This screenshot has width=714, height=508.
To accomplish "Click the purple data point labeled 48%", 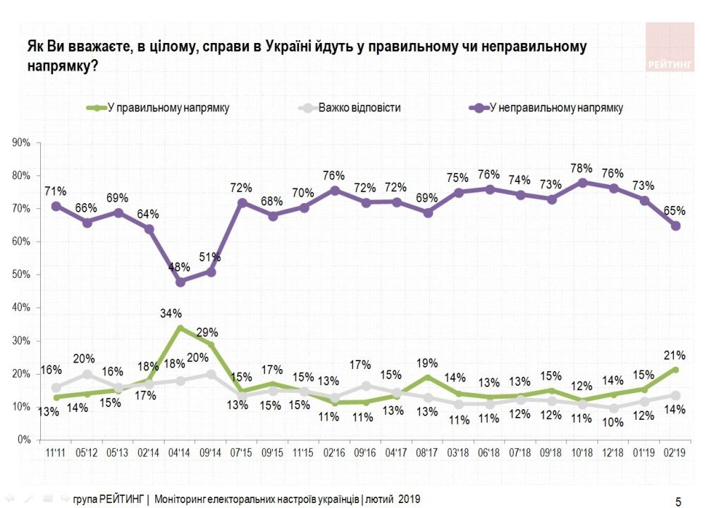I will coord(180,282).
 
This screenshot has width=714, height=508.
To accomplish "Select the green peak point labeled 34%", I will coord(180,327).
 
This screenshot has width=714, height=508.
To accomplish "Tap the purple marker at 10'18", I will coord(582,182).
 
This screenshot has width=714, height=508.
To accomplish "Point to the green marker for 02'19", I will coord(675,370).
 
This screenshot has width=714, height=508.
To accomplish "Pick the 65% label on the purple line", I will coord(675,210).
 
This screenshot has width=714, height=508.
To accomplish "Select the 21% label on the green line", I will coord(675,355).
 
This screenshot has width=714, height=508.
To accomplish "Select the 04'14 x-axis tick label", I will coord(180,452).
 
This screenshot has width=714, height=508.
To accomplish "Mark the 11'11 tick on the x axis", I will coord(56,452).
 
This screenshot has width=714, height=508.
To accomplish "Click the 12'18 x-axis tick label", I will coord(613,452).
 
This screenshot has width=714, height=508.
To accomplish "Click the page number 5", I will coord(678,502).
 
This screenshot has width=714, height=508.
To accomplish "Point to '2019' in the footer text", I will coord(408,500).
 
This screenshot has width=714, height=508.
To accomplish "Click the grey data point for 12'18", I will coord(613,409).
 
